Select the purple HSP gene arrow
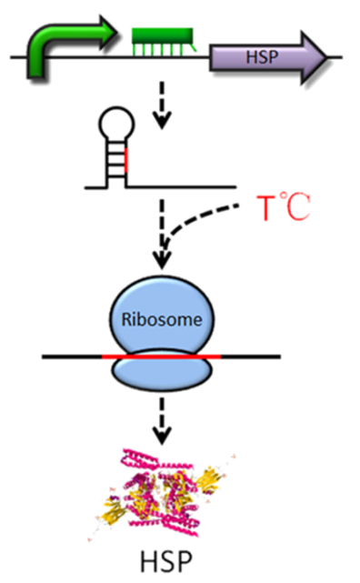[x=268, y=57]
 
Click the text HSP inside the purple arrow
[x=262, y=57]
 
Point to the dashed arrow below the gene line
[x=162, y=106]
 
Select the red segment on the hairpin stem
[x=126, y=160]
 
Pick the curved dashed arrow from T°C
[x=185, y=219]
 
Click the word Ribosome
[x=162, y=320]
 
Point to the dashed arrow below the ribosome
[x=162, y=421]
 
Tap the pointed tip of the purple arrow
[x=327, y=58]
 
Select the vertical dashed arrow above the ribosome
[x=162, y=235]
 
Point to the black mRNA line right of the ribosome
[x=251, y=357]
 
